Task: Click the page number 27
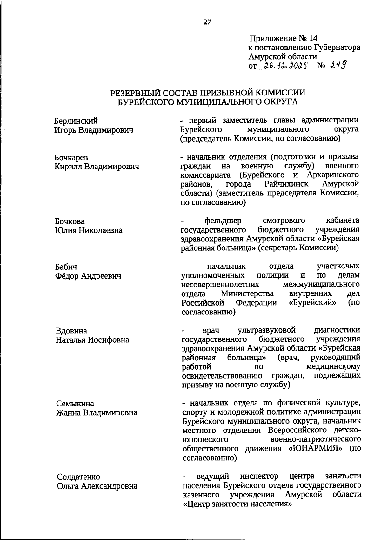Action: [x=207, y=22]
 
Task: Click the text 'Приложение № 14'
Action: [x=283, y=38]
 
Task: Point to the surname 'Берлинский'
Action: [x=76, y=121]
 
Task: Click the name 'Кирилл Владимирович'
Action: [x=97, y=166]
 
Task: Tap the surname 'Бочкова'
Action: [x=70, y=221]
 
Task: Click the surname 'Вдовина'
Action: [x=71, y=331]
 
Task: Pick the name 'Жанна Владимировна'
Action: [x=97, y=412]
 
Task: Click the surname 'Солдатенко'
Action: [x=78, y=477]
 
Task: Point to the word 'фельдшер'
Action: [x=223, y=221]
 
